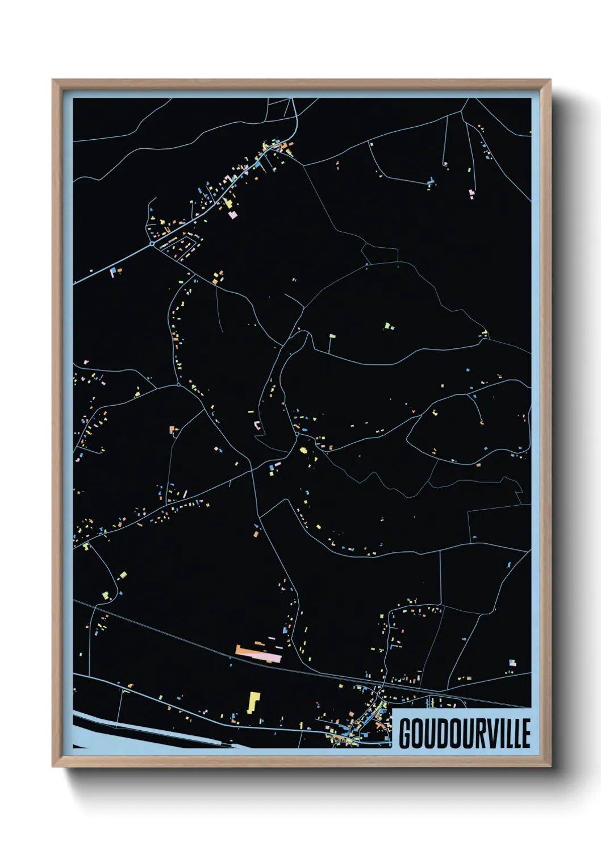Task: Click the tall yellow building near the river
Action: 252,702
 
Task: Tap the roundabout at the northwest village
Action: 152,243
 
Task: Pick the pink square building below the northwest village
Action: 232,214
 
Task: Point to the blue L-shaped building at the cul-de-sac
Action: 431,181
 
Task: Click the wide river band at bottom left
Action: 142,733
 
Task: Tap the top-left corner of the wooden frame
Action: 53,80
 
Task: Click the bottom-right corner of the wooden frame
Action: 550,765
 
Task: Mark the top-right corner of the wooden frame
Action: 550,80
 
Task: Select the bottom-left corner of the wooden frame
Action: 53,765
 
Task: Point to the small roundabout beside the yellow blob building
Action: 297,434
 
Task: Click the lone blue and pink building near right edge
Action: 512,663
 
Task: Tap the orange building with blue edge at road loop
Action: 172,430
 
